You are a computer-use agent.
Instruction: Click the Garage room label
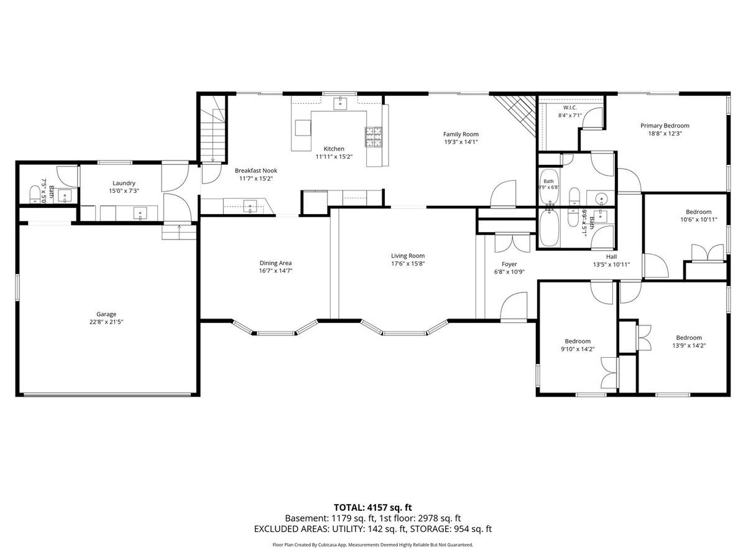[106, 314]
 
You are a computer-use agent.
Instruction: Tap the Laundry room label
[124, 184]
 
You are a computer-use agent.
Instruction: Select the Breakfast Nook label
[256, 170]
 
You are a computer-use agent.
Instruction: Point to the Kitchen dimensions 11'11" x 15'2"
[334, 157]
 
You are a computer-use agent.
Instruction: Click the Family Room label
[461, 134]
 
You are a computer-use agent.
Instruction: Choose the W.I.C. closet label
[570, 108]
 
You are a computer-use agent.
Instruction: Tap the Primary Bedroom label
[665, 126]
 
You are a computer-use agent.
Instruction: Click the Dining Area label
[275, 263]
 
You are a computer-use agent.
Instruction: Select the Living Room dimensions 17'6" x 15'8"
[407, 263]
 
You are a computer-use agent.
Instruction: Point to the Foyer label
[509, 264]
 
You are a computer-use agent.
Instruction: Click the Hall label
[611, 257]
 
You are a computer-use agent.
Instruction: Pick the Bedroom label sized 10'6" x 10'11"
[698, 212]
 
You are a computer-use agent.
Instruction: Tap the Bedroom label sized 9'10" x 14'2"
[578, 341]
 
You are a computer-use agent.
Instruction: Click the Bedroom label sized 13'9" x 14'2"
[689, 338]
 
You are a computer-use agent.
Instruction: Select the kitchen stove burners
[374, 137]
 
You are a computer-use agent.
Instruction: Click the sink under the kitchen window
[340, 103]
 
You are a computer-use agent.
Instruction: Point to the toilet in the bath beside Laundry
[35, 194]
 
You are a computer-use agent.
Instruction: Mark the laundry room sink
[140, 213]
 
